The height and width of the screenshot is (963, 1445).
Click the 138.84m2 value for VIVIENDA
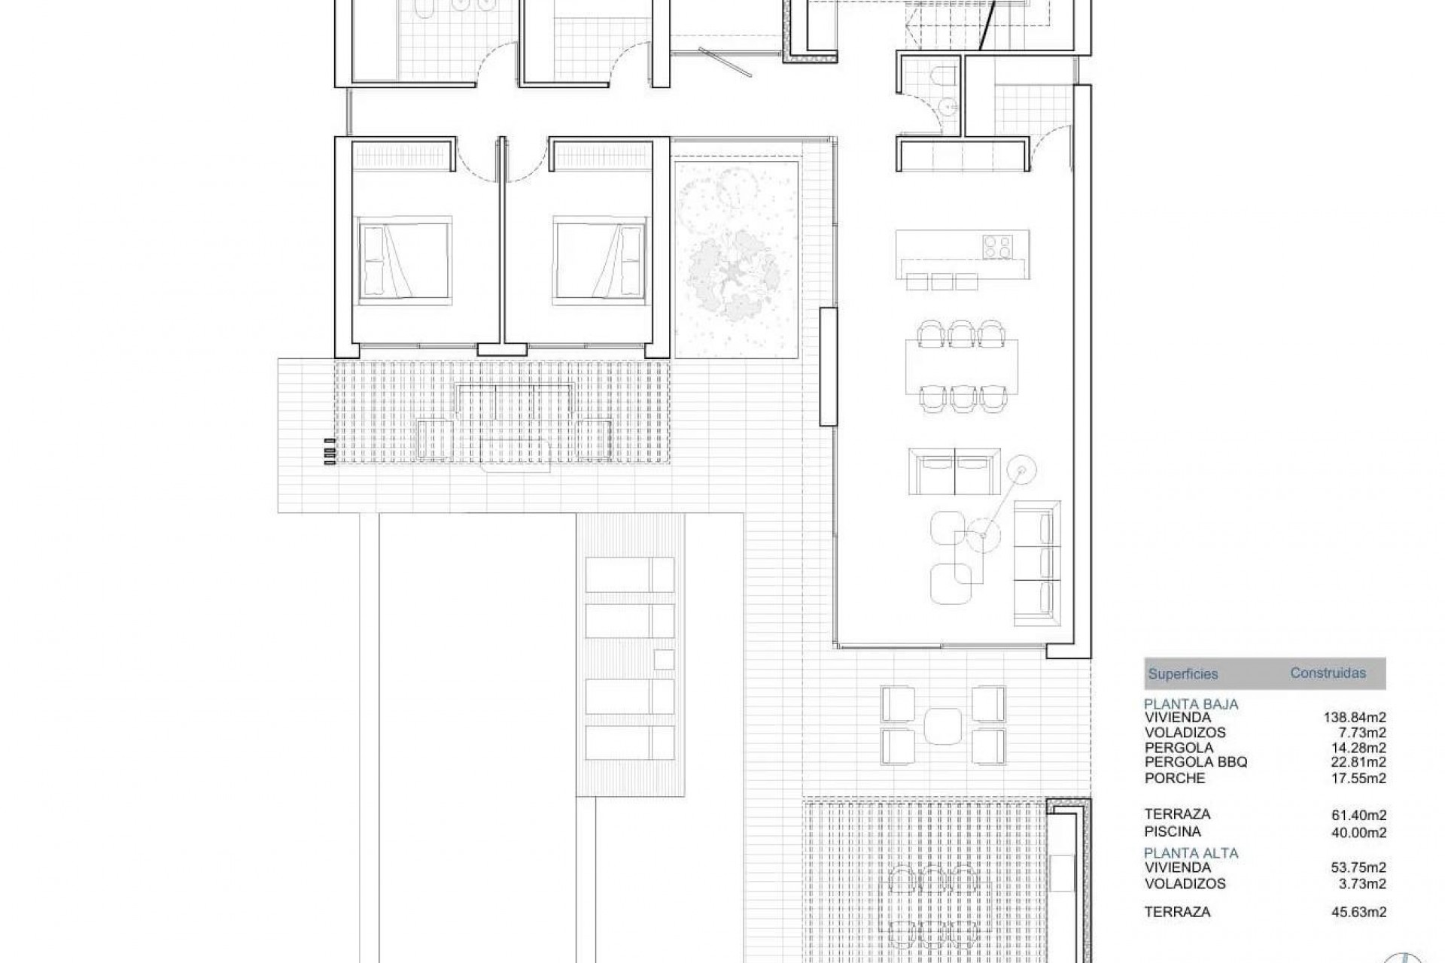[1355, 718]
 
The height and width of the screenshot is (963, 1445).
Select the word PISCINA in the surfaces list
[1173, 831]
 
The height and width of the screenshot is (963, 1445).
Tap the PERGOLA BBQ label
[1196, 762]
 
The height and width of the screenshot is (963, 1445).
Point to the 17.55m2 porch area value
[1358, 779]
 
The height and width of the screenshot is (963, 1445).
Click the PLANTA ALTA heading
[1191, 853]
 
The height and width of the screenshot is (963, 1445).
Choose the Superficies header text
[1182, 674]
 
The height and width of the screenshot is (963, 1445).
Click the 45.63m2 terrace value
[1358, 912]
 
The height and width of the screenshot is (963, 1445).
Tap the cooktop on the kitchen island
[998, 245]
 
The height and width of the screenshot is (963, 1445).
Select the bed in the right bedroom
[600, 260]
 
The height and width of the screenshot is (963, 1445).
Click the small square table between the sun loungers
[664, 659]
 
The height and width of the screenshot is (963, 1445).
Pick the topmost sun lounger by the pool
[629, 576]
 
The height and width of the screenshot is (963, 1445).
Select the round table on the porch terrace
[943, 725]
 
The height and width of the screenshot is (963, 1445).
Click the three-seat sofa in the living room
[1036, 562]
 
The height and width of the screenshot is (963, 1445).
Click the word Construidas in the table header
[1328, 673]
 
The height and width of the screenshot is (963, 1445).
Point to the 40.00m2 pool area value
[1358, 832]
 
